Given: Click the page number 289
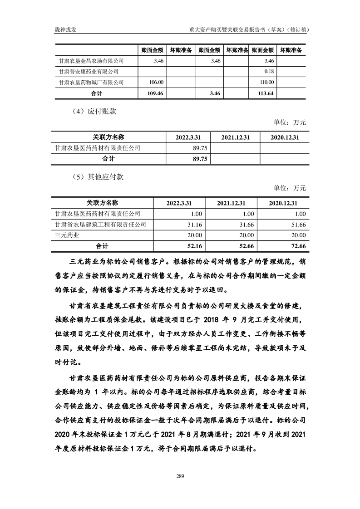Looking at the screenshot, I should pyautogui.click(x=180, y=475).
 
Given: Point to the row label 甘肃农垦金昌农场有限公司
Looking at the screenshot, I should pyautogui.click(x=92, y=60).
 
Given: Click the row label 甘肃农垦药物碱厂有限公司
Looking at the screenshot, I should pyautogui.click(x=92, y=82).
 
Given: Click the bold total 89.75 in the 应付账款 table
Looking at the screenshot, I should pyautogui.click(x=200, y=159).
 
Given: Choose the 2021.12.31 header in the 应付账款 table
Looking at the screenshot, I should pyautogui.click(x=236, y=137).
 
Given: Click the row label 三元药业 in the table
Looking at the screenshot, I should pyautogui.click(x=67, y=235).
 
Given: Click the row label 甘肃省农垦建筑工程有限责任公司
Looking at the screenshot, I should pyautogui.click(x=100, y=224).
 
